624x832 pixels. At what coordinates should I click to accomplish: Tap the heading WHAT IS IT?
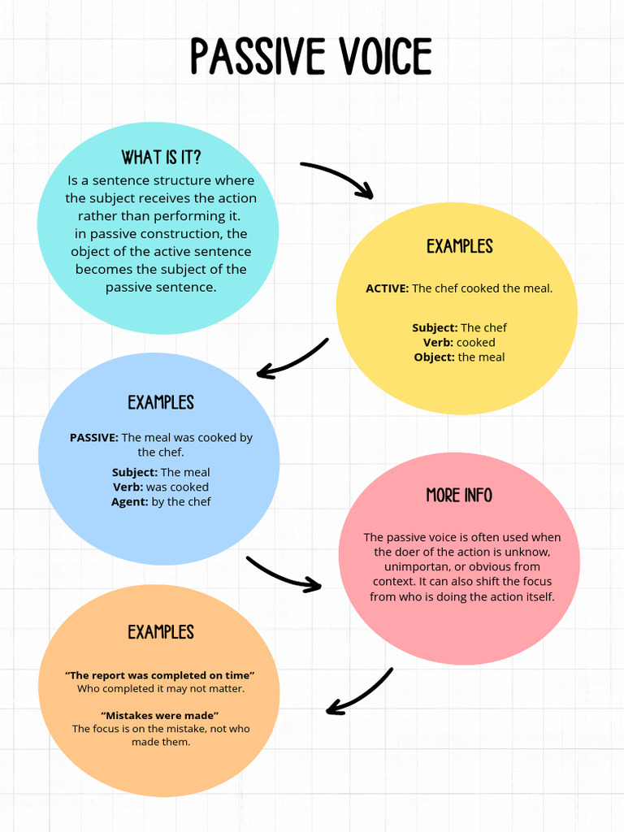click(161, 157)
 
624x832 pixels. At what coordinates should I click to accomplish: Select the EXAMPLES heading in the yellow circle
click(460, 246)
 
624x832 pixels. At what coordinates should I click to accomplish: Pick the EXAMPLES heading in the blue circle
click(161, 402)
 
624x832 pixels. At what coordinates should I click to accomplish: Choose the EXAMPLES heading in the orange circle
click(161, 632)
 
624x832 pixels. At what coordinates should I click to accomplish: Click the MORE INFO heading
click(459, 495)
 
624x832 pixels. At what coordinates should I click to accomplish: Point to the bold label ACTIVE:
click(387, 288)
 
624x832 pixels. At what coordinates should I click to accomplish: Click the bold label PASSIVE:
click(93, 437)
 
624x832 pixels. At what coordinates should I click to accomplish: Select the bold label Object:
click(434, 357)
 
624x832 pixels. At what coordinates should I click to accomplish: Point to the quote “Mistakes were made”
click(160, 715)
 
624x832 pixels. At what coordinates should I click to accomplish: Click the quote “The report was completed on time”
click(160, 675)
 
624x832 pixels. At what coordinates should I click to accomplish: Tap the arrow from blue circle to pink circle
click(284, 573)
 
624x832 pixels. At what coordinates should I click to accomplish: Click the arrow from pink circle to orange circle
click(359, 692)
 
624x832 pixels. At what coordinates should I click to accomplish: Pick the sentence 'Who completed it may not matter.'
click(160, 689)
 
